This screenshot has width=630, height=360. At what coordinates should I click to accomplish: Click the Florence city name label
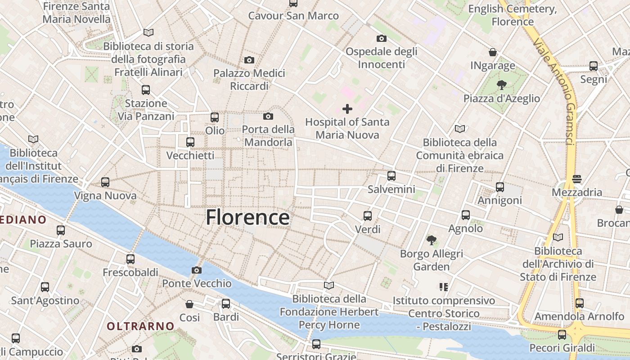247,218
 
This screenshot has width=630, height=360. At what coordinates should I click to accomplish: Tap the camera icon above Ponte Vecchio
197,270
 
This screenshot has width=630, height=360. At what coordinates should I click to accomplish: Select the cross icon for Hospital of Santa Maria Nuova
347,108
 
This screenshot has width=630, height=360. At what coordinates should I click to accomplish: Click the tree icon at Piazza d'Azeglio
501,85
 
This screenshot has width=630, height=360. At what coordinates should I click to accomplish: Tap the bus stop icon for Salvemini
391,176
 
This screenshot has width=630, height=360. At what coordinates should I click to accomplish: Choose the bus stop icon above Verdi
368,216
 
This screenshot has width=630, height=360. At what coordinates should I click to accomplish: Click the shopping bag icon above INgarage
493,52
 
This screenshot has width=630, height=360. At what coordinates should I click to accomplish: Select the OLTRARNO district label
140,326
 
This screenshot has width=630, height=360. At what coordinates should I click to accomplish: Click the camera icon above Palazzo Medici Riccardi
249,60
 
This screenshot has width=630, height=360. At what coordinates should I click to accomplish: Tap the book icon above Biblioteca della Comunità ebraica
459,129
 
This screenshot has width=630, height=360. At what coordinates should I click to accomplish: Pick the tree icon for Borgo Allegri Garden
432,240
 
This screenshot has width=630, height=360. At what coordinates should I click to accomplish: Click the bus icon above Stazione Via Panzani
145,90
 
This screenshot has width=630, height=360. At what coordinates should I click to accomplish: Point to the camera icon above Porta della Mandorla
268,117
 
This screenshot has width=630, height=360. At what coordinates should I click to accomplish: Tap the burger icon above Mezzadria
577,179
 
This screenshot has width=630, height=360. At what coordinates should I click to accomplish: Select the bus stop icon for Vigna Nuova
105,182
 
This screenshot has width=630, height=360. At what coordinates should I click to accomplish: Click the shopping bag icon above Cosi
189,304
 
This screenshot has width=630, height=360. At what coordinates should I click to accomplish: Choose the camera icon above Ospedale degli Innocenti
381,38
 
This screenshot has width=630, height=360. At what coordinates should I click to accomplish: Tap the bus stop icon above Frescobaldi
130,259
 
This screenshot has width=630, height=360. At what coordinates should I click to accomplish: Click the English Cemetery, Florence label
512,15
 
